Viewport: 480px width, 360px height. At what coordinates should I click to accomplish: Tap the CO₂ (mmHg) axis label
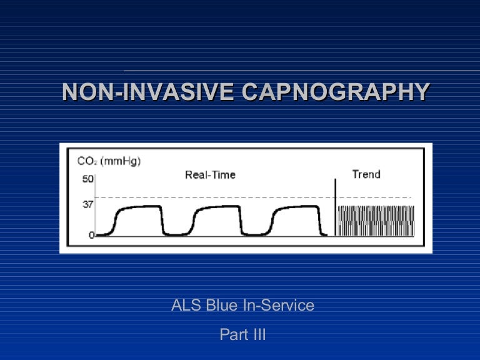coord(109,161)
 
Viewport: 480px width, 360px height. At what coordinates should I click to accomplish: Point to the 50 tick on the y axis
coord(87,179)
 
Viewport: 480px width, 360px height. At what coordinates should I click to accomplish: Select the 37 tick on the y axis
coord(87,204)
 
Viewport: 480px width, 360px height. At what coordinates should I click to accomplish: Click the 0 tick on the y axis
coord(91,235)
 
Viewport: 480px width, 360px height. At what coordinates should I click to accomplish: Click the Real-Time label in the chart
coord(210,175)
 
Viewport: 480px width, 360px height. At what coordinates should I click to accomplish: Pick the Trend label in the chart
coord(366,174)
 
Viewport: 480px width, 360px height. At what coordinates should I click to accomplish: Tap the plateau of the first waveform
coord(141,207)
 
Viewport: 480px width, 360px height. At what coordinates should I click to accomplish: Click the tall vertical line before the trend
coord(335,206)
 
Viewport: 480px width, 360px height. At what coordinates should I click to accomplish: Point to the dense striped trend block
coord(376,221)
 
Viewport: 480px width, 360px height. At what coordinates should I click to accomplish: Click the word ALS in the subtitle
coord(186,306)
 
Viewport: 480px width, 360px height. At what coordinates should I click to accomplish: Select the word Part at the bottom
coord(232,334)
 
